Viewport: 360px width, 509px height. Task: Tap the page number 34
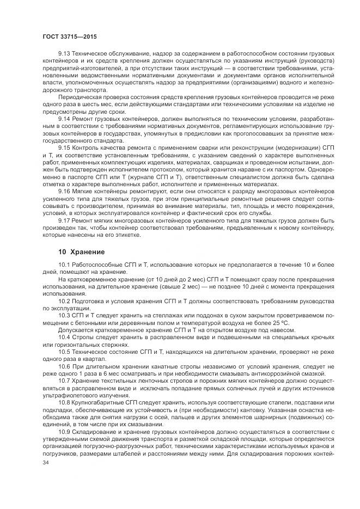(46, 462)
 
